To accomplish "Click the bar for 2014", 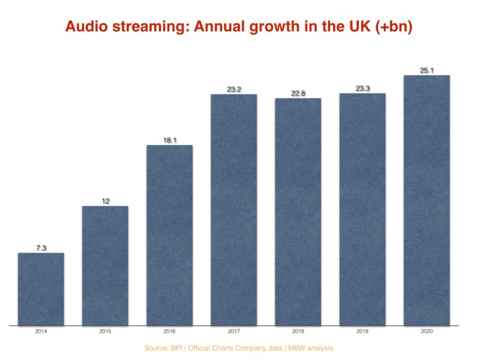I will click(x=41, y=289).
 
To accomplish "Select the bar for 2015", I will click(x=105, y=266).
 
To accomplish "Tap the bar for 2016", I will click(x=169, y=235).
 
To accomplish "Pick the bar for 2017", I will click(x=234, y=210).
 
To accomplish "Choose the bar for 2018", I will click(x=298, y=212).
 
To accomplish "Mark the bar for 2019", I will click(x=362, y=210).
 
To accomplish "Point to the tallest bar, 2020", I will click(x=427, y=200).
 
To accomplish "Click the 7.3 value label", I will click(x=41, y=248).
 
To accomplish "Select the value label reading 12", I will click(x=105, y=201).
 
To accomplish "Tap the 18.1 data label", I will click(x=169, y=140).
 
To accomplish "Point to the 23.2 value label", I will click(x=234, y=89).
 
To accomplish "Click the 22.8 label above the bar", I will click(x=298, y=93).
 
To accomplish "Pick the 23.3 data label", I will click(x=362, y=88).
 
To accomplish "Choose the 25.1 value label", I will click(x=427, y=70).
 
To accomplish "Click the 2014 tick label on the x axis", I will click(x=41, y=332).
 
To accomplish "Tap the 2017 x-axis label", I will click(x=234, y=332).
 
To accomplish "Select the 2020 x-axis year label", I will click(x=427, y=332).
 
